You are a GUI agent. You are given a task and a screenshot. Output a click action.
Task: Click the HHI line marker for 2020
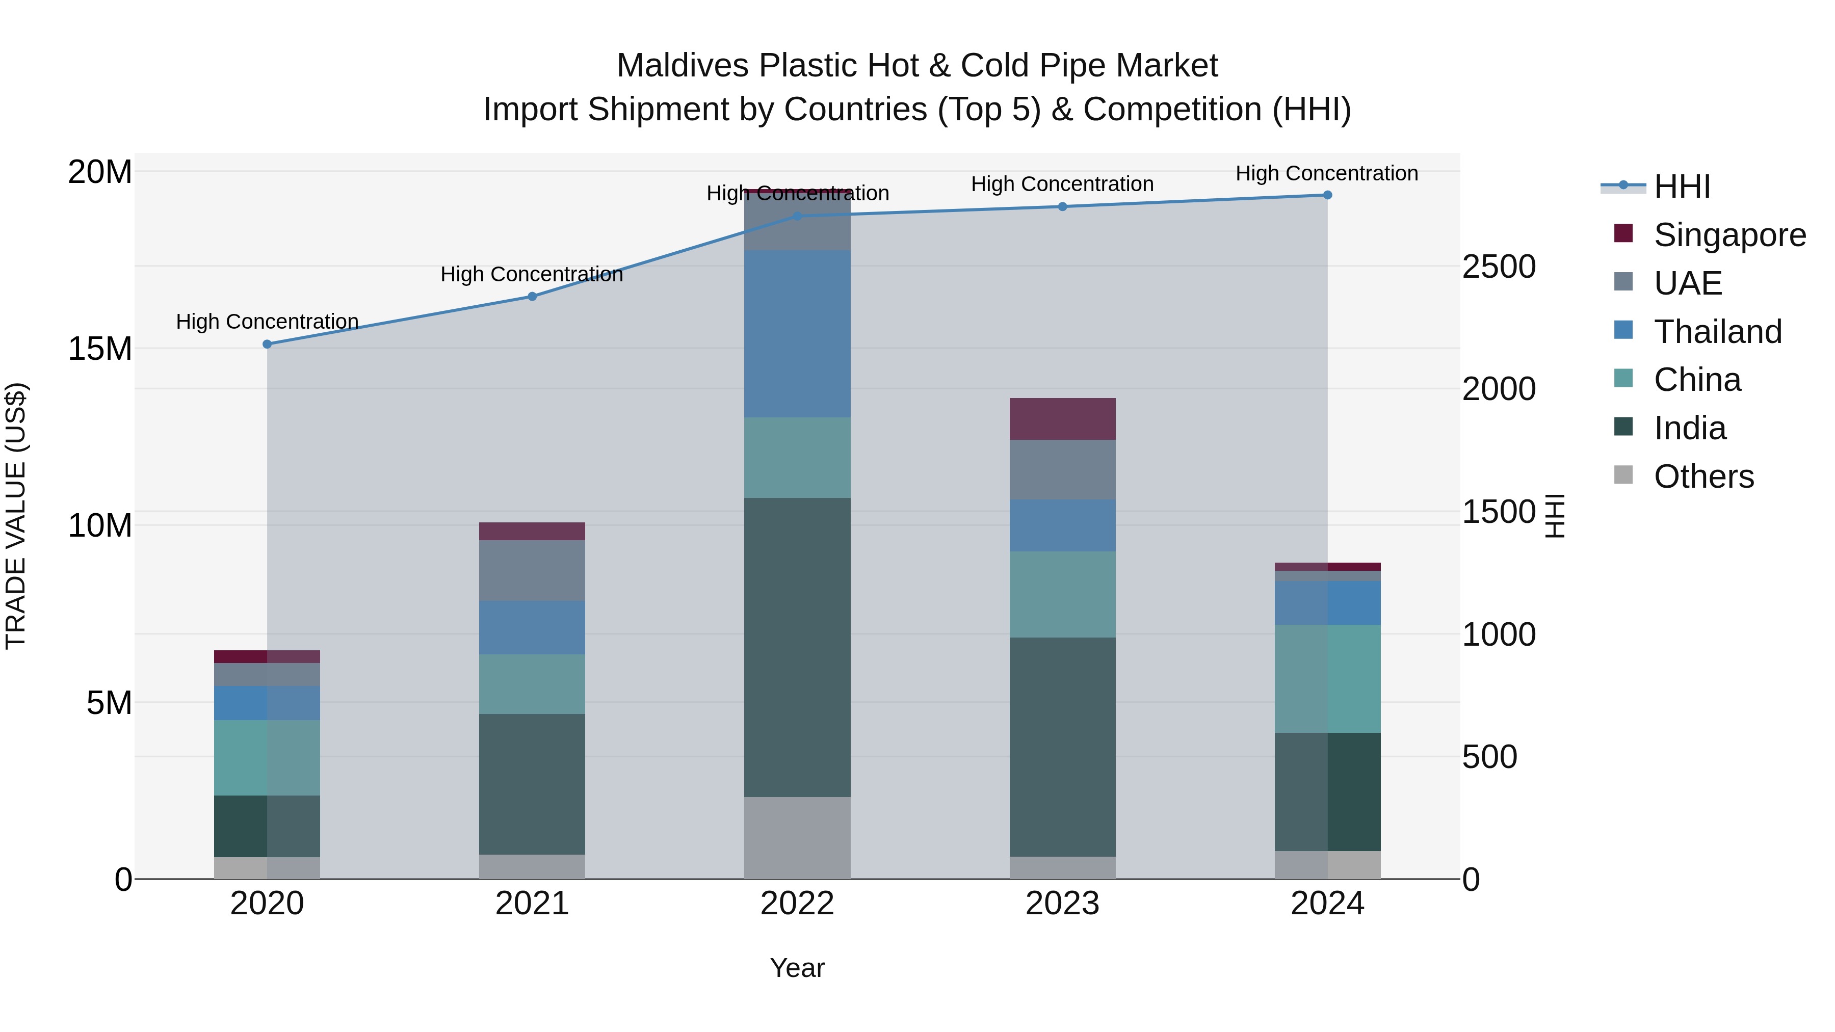267,344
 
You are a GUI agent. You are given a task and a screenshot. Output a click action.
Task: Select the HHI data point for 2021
532,296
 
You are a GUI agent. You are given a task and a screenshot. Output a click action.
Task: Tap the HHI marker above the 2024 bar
1327,195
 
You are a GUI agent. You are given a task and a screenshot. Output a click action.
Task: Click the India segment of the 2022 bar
797,647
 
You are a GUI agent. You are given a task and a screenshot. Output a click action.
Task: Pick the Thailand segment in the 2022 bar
797,333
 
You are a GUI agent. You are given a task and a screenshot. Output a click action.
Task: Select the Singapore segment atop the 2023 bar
1062,419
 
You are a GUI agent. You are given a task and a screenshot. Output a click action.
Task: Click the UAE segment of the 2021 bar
532,570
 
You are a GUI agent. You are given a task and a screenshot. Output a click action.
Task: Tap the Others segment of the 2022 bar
797,837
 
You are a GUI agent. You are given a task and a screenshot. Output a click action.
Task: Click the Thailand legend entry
1717,332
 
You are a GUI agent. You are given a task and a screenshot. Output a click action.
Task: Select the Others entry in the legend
1703,477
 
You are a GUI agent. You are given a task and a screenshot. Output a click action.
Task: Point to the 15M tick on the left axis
100,349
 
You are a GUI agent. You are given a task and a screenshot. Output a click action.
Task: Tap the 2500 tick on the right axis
1499,267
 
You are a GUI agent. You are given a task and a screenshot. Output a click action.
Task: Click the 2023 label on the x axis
1062,904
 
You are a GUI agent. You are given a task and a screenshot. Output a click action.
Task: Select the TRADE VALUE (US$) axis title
16,516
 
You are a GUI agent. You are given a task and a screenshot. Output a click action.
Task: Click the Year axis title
797,968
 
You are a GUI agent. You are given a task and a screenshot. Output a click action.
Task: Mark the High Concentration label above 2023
1062,184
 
